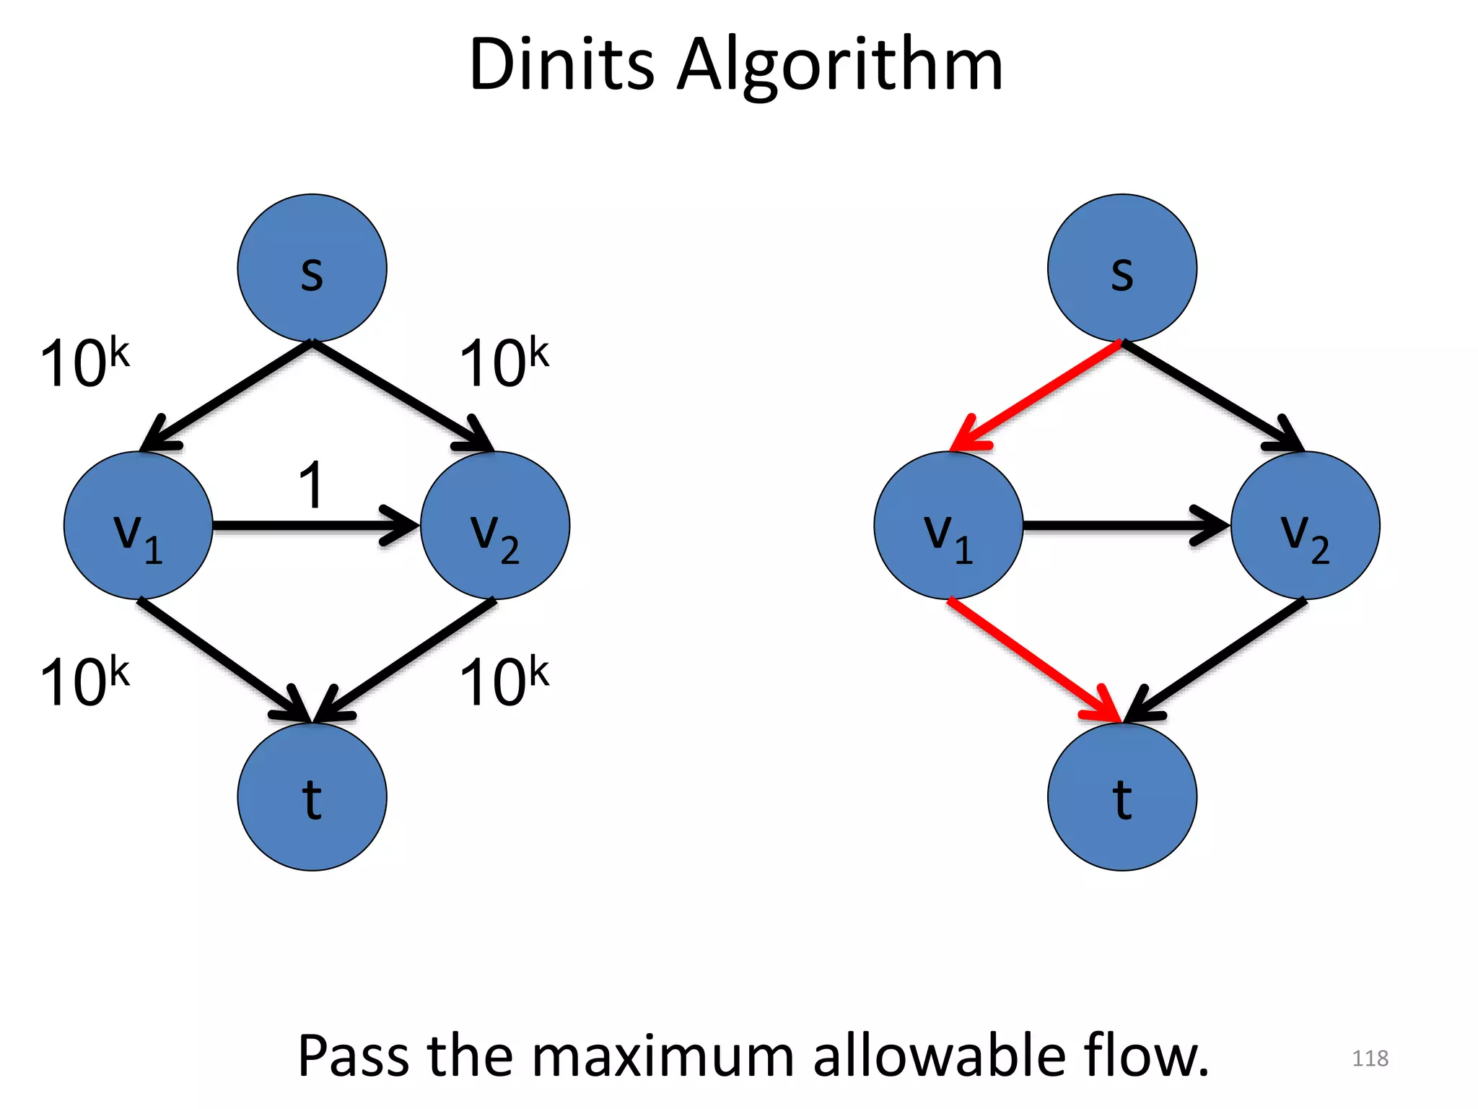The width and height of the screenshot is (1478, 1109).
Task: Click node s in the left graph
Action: [312, 268]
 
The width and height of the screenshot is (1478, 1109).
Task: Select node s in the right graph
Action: [1121, 268]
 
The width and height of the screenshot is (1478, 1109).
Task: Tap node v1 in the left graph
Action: [138, 525]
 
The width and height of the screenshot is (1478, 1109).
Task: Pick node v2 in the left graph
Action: [495, 525]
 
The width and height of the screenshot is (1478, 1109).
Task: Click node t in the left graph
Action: [312, 796]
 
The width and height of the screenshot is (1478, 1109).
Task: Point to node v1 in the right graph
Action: [948, 525]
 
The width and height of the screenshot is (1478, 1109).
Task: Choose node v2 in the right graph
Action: [1305, 525]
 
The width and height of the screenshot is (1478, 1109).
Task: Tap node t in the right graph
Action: [1121, 796]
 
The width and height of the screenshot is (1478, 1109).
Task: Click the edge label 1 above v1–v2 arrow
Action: [311, 486]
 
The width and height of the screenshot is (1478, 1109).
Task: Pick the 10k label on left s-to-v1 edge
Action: [84, 362]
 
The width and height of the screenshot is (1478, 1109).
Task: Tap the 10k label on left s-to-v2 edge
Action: [504, 362]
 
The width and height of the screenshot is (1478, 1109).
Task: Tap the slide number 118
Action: [1369, 1058]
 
